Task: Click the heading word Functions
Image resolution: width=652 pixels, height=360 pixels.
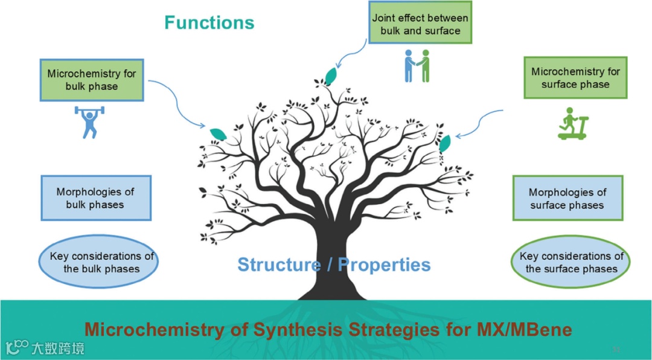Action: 209,23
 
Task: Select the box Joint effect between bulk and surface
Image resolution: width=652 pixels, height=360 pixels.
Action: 420,24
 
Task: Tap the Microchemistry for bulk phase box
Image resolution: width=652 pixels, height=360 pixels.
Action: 92,80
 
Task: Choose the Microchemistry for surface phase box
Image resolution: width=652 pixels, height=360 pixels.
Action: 575,78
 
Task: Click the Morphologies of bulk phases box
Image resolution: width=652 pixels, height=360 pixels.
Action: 95,198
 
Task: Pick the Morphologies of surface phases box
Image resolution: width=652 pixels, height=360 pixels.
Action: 567,199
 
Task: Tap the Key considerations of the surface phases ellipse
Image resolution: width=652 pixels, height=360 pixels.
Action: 571,262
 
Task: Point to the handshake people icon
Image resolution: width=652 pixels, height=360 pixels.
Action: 417,65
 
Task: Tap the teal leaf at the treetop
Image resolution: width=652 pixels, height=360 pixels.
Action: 331,76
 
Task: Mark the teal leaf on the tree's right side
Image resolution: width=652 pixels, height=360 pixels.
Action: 445,144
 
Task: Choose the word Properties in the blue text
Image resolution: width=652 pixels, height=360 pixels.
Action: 384,265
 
